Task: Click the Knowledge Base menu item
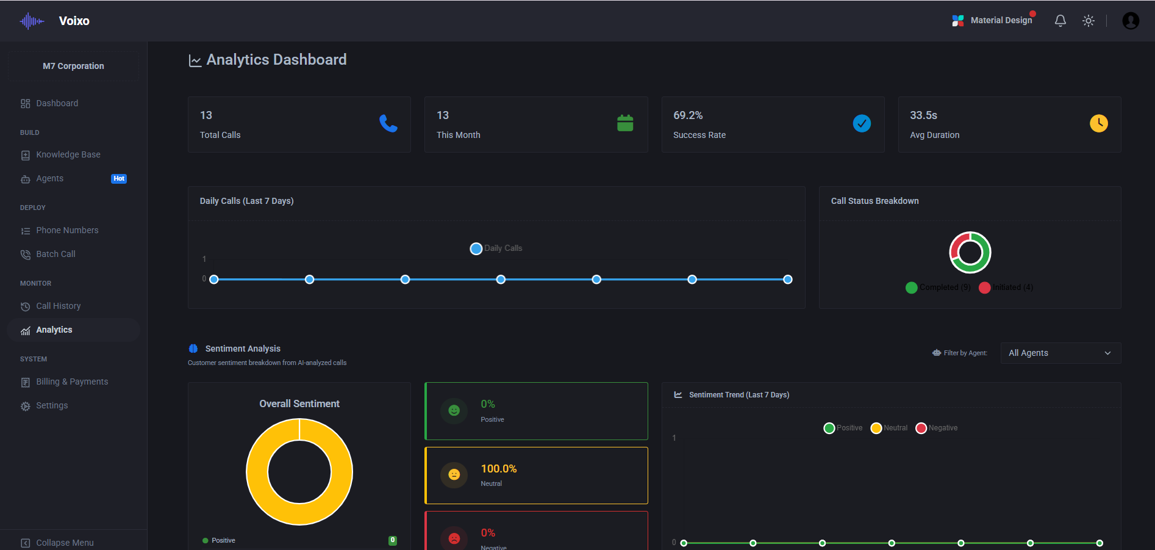tap(68, 155)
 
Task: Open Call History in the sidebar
tap(58, 306)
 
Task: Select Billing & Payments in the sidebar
tap(71, 382)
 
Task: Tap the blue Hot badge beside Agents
tap(119, 179)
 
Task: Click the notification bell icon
tap(1060, 21)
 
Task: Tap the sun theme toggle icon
tap(1089, 21)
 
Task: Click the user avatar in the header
tap(1131, 21)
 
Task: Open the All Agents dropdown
tap(1060, 353)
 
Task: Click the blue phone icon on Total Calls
tap(388, 123)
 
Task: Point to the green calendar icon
tap(625, 123)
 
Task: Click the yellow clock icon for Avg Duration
tap(1099, 123)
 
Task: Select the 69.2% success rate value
tap(688, 115)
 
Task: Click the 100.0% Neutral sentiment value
tap(499, 469)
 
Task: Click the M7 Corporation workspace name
tap(73, 66)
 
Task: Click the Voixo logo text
tap(74, 21)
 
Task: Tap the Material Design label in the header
tap(1001, 20)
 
